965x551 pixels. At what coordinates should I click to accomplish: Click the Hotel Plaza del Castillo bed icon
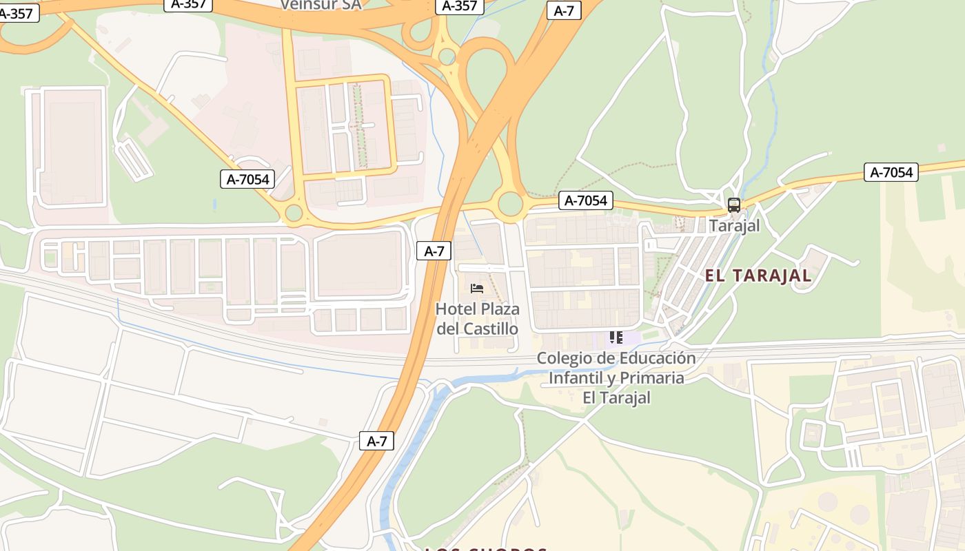(x=476, y=288)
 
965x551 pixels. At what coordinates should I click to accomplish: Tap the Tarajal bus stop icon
(x=734, y=205)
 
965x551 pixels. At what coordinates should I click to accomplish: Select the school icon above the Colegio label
(x=616, y=337)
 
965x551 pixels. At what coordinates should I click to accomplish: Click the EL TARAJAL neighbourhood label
(x=758, y=276)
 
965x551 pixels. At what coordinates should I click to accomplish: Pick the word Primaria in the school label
(x=651, y=378)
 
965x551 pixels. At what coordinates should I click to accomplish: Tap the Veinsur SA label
(x=321, y=4)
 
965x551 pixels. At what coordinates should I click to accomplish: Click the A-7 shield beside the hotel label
(x=434, y=251)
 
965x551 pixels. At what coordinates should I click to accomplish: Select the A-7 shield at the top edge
(x=564, y=10)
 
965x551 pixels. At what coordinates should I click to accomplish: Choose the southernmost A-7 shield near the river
(x=376, y=441)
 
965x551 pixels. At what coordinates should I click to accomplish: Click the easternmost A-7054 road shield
(x=891, y=172)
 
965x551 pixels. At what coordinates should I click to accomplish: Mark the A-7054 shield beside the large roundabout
(x=585, y=200)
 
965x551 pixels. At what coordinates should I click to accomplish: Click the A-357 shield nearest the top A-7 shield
(x=459, y=6)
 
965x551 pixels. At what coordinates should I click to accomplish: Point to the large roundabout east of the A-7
(x=511, y=204)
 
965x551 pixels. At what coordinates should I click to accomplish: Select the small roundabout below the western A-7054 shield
(x=294, y=213)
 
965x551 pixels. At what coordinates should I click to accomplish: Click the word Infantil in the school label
(x=577, y=378)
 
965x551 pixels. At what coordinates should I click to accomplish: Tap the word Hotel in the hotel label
(x=456, y=309)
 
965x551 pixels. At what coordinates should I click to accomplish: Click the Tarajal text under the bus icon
(x=734, y=225)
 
